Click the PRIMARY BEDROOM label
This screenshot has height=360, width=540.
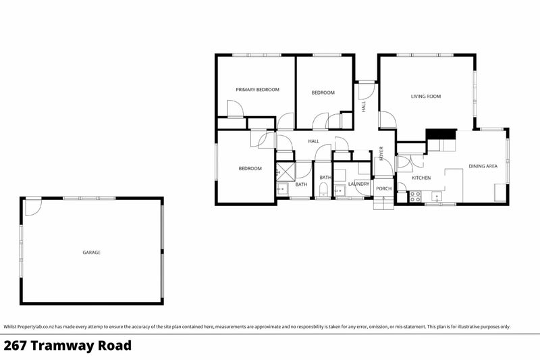257,89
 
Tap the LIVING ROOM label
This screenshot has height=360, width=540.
426,97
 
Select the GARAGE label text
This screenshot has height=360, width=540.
91,252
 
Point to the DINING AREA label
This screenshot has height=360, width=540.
483,165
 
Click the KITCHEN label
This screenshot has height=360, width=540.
422,178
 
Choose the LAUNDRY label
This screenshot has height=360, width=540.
358,184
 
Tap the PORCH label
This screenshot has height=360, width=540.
383,188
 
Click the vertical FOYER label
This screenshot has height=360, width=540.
381,153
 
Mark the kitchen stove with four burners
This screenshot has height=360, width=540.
416,197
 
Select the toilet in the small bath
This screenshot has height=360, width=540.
325,188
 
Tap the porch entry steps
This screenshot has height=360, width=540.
383,203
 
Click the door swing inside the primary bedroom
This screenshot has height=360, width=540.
234,109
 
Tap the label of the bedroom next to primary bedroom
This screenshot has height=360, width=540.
323,93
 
